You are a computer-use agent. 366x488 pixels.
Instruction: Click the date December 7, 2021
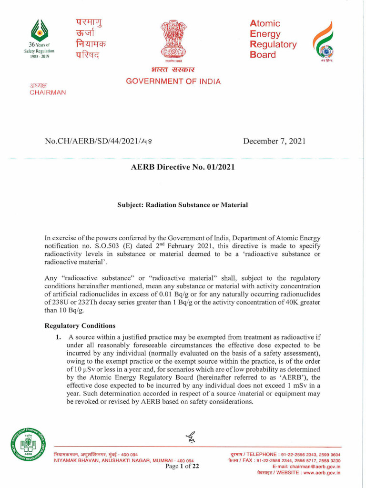coord(274,141)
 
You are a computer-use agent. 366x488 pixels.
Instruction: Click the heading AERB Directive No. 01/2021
coord(183,168)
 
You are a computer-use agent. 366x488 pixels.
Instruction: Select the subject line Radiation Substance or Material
coord(183,204)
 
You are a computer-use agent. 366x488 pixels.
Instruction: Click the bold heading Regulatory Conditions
coord(80,326)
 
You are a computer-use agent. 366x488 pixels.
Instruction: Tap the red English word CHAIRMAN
coord(48,92)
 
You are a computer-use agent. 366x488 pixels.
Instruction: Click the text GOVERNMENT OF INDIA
coord(173,81)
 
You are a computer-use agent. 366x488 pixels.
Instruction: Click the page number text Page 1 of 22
coord(182,467)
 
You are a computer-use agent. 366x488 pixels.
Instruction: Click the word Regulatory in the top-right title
coord(273,45)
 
